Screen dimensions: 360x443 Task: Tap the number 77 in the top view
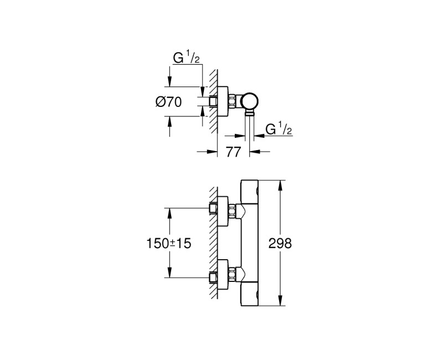point(233,152)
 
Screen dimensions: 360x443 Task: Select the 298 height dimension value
point(279,243)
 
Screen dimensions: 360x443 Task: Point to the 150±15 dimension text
point(168,243)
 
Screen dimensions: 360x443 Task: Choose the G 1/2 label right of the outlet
point(279,131)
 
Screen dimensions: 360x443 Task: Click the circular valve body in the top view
point(251,101)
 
